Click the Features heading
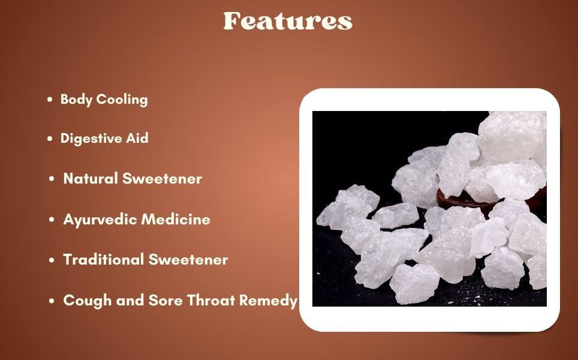tap(288, 21)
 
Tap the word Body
tap(75, 100)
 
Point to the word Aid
tap(138, 138)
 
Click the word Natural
tap(91, 178)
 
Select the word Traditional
tap(104, 260)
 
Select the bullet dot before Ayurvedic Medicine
tap(52, 220)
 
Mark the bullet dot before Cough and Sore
tap(52, 301)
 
